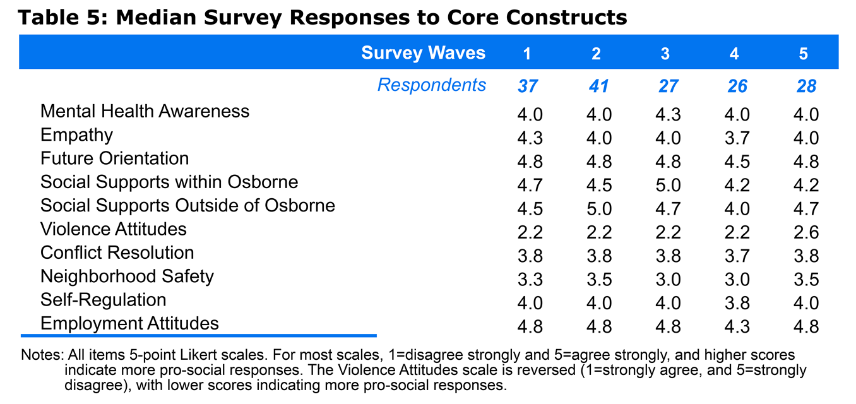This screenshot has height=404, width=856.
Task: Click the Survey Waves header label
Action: click(x=423, y=53)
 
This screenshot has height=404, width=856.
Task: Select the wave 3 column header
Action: click(x=665, y=54)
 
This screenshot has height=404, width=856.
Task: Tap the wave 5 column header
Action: click(x=803, y=54)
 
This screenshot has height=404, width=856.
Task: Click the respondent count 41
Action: click(x=598, y=86)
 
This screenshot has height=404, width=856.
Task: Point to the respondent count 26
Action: click(x=737, y=86)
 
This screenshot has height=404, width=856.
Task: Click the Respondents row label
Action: click(x=432, y=85)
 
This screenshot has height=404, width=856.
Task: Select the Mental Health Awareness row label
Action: click(x=145, y=111)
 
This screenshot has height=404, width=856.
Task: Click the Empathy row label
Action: click(x=77, y=136)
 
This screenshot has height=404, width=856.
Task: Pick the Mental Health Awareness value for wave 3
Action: click(x=668, y=115)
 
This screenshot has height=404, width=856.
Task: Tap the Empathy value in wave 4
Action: click(x=737, y=138)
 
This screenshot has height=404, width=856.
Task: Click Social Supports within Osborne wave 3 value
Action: click(x=668, y=186)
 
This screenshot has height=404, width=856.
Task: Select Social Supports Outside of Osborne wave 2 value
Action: click(x=599, y=209)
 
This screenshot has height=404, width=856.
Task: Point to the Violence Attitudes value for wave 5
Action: click(x=806, y=232)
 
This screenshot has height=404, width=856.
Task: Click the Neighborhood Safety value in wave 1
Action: click(x=530, y=280)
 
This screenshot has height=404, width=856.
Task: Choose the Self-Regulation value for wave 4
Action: click(x=737, y=303)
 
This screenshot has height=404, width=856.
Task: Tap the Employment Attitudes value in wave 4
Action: click(x=737, y=327)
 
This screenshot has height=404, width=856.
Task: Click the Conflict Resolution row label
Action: click(x=117, y=252)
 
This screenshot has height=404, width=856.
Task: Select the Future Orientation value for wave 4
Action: click(x=737, y=162)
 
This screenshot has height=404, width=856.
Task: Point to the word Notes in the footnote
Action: click(x=42, y=355)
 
